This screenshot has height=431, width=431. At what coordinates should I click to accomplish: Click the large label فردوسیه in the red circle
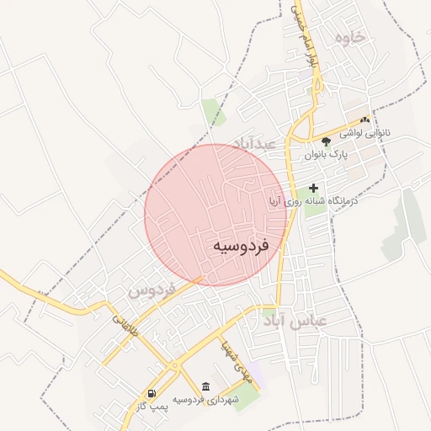pos(239,246)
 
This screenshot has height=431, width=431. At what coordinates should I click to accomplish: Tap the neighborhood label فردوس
pos(152,292)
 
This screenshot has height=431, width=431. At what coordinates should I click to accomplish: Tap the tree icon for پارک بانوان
pos(326,141)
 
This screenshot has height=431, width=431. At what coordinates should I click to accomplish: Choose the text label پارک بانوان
pos(326,155)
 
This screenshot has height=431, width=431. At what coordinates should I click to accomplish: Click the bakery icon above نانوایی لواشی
pos(365,120)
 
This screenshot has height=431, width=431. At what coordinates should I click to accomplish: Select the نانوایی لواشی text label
pos(365,134)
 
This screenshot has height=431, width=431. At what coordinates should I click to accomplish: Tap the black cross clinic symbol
pos(314,189)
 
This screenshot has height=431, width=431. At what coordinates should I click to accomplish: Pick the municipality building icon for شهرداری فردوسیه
pos(206,385)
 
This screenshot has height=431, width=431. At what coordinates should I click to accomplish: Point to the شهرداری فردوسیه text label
pos(206,398)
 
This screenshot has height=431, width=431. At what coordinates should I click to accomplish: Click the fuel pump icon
pos(151,392)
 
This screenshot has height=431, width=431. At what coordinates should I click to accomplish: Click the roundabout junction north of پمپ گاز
pos(173,367)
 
